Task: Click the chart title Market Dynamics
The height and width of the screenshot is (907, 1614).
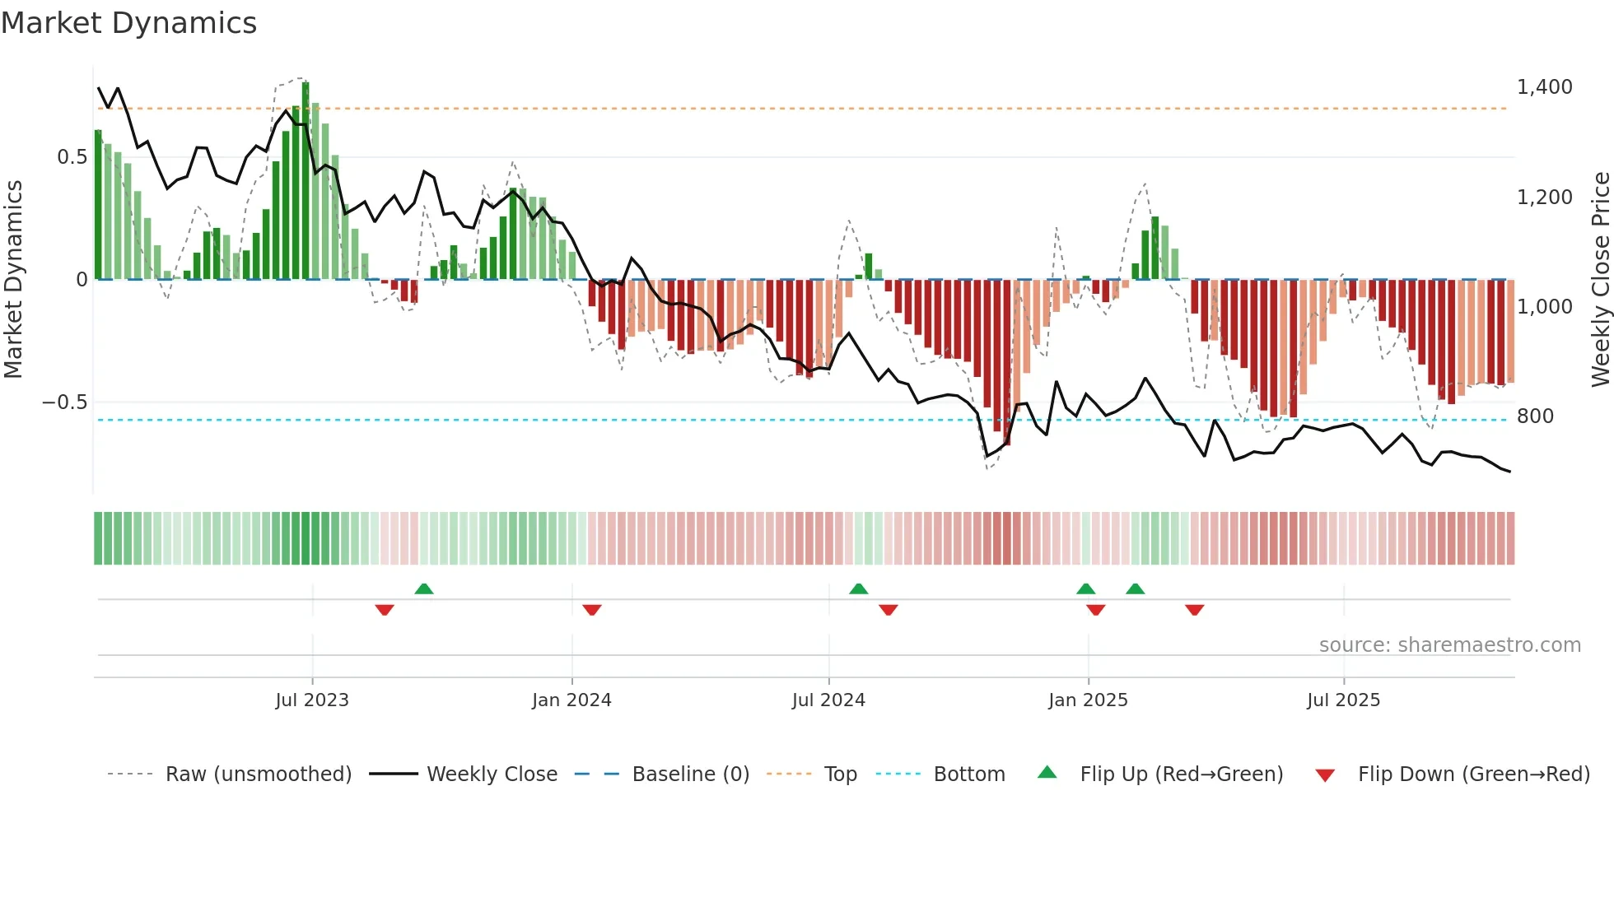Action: [x=128, y=23]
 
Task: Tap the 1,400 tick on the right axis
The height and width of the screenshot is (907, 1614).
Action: [x=1544, y=87]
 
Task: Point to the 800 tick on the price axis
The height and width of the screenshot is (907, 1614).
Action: [x=1535, y=416]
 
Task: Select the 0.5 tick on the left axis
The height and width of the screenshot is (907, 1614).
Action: [x=72, y=157]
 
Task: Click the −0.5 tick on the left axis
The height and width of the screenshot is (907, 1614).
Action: [x=64, y=402]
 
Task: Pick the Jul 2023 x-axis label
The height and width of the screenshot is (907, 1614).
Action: [x=312, y=700]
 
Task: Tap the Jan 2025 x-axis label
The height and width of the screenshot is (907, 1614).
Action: [x=1088, y=700]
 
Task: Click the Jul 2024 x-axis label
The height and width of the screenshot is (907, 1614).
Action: [x=828, y=700]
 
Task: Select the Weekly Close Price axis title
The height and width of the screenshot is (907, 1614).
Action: [x=1600, y=280]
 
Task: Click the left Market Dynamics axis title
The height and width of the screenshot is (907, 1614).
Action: [x=13, y=280]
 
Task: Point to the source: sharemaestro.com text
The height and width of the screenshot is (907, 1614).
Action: [x=1449, y=645]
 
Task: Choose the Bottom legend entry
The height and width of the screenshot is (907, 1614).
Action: [x=968, y=774]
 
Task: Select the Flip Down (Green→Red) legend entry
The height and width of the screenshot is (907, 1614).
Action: [x=1473, y=774]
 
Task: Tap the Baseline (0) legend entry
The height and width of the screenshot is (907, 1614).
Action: [x=690, y=774]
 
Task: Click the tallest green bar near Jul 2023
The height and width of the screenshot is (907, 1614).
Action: [x=306, y=181]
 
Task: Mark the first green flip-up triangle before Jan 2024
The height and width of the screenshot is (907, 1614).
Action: [x=424, y=589]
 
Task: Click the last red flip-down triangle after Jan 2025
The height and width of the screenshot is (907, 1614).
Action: [x=1195, y=610]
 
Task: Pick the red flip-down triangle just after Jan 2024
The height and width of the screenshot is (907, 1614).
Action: [x=592, y=610]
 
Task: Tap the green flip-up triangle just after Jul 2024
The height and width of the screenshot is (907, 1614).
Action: [x=858, y=589]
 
